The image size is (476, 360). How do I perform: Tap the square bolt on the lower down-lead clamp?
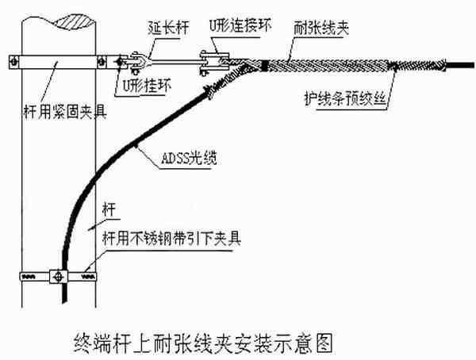point(56,277)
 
